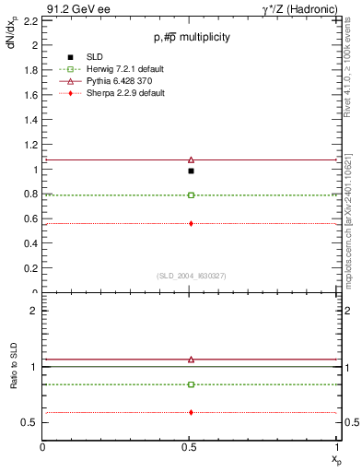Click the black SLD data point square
tap(191, 171)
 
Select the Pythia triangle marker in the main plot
tap(191, 159)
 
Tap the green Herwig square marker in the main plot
tap(191, 195)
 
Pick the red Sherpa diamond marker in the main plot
tap(191, 223)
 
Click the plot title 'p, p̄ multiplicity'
tap(192, 37)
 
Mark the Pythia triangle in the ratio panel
tap(191, 360)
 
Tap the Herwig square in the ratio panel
tap(191, 384)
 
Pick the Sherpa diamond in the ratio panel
tap(191, 412)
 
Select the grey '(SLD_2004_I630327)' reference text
tap(192, 275)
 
